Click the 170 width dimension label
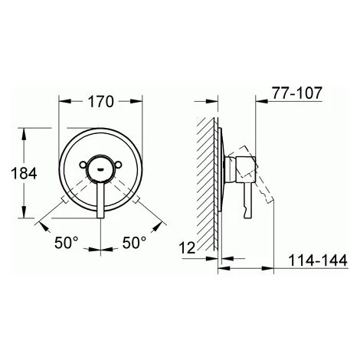click(100, 102)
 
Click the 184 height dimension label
click(24, 173)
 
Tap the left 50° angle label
click(66, 243)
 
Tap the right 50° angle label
click(134, 243)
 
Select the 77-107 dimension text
click(296, 93)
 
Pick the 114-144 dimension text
click(318, 260)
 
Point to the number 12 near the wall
click(187, 247)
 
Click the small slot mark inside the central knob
click(100, 169)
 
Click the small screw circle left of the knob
click(83, 165)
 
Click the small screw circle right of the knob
click(118, 165)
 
